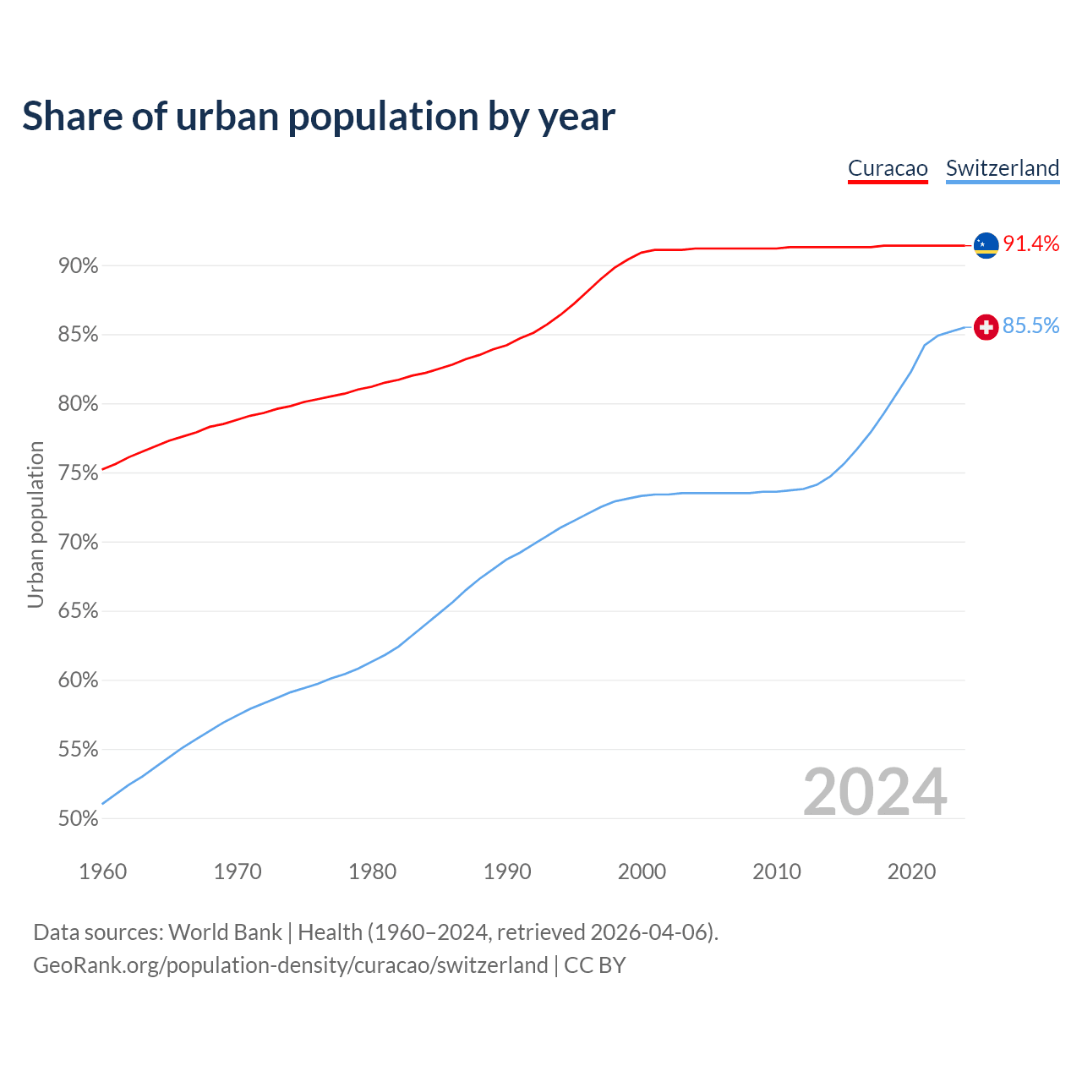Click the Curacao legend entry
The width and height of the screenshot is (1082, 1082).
[888, 168]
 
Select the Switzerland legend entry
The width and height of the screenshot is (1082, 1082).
[1003, 168]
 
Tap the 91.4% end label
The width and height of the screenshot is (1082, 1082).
[1030, 244]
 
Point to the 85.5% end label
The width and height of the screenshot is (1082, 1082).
[1030, 326]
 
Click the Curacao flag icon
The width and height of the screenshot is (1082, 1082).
[986, 245]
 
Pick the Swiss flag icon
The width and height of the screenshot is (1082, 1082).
[986, 327]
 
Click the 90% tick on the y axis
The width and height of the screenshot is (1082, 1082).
[78, 266]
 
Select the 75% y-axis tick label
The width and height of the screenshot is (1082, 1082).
[78, 473]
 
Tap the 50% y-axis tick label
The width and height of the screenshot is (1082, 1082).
[78, 819]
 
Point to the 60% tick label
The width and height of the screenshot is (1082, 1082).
[78, 680]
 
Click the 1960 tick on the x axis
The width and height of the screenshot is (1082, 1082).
[102, 872]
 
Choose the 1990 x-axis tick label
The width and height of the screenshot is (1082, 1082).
[507, 872]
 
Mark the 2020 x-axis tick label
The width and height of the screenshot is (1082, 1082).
[911, 872]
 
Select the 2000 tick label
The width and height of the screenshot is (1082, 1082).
[642, 872]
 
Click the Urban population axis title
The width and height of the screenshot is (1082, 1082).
[36, 525]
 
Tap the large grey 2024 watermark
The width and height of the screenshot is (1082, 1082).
[875, 792]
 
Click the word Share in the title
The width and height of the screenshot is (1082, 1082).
[71, 117]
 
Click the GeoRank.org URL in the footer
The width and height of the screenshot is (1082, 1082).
[290, 965]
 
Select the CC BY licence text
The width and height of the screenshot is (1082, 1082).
[594, 965]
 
